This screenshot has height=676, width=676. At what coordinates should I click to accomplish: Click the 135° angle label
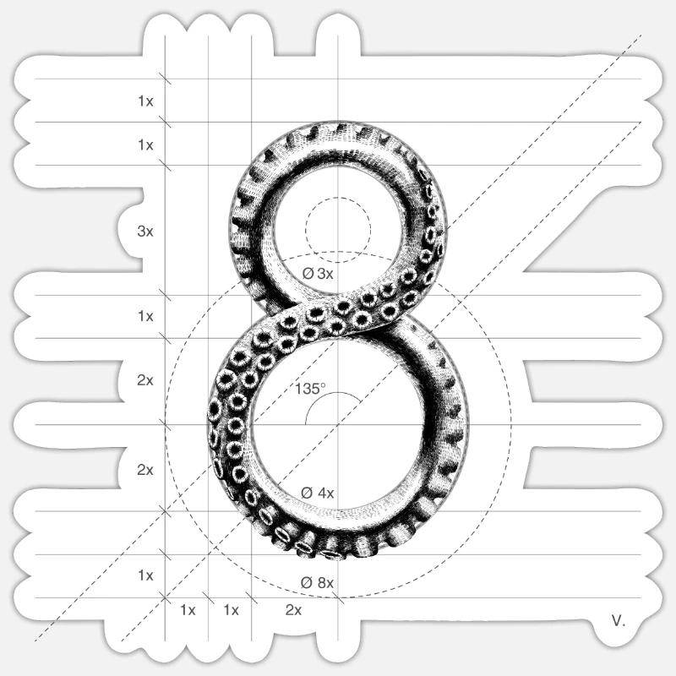(310, 390)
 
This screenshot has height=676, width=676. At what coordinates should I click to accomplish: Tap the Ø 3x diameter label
(318, 274)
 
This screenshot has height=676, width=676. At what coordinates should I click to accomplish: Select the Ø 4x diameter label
(318, 493)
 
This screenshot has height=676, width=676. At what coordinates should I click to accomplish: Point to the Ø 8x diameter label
(318, 582)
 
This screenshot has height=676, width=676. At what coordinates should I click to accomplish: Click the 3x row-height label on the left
(145, 231)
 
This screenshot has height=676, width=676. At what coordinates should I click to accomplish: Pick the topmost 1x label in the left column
(145, 101)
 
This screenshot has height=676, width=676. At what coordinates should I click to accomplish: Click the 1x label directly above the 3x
(145, 144)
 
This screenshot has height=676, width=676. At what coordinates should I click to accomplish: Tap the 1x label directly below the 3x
(145, 316)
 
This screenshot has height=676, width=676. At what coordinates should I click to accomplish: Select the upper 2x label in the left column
(145, 380)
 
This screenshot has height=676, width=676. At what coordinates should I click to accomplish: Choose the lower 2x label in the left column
(145, 470)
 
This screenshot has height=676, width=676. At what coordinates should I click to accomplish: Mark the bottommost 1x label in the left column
(145, 575)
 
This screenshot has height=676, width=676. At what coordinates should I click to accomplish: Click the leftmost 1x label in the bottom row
(188, 609)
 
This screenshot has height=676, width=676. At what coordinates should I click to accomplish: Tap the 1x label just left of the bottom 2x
(231, 609)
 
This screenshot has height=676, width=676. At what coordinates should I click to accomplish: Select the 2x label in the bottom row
(293, 609)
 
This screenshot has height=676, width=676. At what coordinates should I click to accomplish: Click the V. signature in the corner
(619, 621)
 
